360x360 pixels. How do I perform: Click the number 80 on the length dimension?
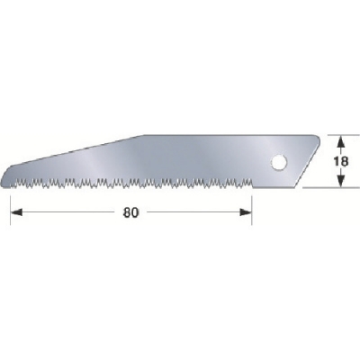point(131,212)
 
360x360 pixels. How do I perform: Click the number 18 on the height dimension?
point(340,161)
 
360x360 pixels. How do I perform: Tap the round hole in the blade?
point(278,163)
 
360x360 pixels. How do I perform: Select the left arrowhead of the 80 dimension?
point(16,212)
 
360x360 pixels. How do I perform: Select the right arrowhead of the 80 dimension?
point(246,212)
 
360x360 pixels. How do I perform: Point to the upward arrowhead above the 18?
point(340,141)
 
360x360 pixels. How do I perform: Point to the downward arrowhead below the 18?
point(340,181)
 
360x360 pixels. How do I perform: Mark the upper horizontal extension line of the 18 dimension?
point(343,135)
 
